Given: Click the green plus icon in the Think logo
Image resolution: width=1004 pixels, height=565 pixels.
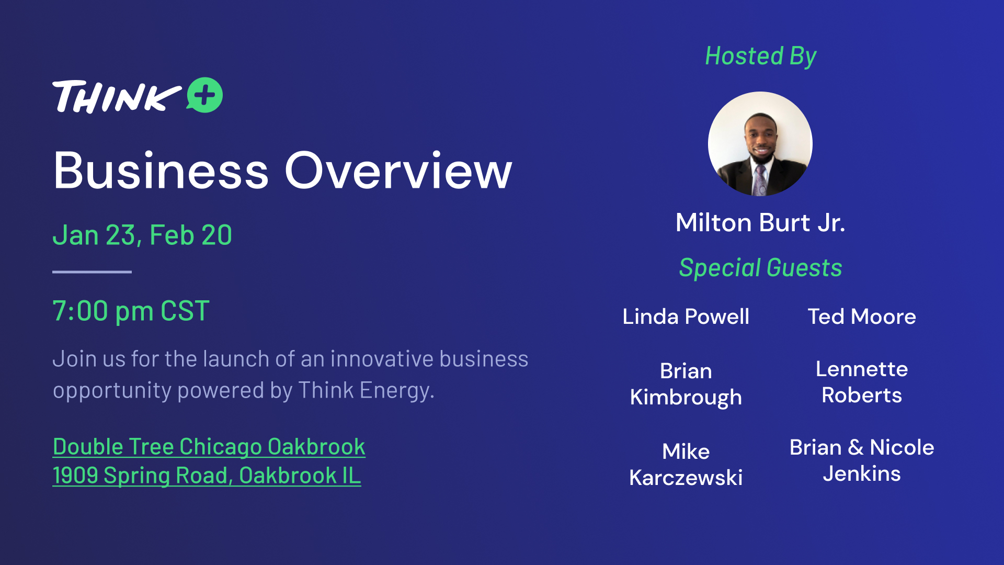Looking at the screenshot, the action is [x=205, y=95].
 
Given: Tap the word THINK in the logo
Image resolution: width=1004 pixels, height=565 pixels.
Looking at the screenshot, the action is [x=117, y=97].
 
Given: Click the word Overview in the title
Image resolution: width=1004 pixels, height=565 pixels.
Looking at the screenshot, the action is [x=398, y=171].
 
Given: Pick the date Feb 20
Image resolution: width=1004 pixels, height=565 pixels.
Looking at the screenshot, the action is [x=191, y=235].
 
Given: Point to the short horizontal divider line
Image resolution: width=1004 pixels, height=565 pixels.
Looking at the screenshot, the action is [x=92, y=272].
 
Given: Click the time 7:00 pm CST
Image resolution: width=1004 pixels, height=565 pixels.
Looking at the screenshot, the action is [x=131, y=311].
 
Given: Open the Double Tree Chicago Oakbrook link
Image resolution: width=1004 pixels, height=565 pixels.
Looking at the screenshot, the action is [x=209, y=447].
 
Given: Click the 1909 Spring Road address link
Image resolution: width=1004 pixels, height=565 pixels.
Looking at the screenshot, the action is [x=207, y=476].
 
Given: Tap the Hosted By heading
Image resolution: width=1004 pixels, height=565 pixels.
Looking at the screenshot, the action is [x=760, y=56].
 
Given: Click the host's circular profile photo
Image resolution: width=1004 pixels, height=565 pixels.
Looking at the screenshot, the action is [x=760, y=144].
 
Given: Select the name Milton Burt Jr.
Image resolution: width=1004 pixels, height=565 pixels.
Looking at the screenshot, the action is [x=760, y=222].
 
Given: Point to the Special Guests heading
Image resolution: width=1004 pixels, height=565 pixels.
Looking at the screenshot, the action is [x=760, y=267].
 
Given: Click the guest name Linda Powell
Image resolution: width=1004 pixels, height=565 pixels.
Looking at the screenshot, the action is [x=686, y=317].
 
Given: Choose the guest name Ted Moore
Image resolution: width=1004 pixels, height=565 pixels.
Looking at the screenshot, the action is [x=862, y=317].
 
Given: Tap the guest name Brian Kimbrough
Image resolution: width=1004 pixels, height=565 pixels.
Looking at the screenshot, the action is [x=686, y=384].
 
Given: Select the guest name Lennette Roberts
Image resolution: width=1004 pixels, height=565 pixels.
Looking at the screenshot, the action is [x=862, y=382].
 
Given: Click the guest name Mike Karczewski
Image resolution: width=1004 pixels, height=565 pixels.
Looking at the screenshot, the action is [x=686, y=464].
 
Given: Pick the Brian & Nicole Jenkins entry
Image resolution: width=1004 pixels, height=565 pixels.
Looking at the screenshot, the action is [x=862, y=460].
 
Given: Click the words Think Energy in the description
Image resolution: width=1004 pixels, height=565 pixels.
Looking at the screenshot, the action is [x=365, y=390].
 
